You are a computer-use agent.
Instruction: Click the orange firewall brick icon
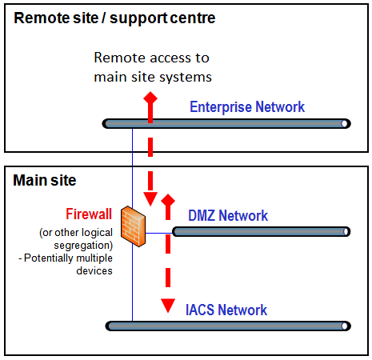coord(134,226)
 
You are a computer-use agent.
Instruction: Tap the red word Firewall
coord(89,214)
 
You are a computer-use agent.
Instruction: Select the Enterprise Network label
coord(247,107)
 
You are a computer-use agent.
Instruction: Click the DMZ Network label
coord(228,215)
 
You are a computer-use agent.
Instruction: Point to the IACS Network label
coord(226,310)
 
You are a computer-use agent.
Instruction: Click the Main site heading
coord(45,180)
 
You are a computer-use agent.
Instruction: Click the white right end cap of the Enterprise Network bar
coord(345,124)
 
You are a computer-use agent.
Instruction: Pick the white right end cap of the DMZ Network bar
coord(346,232)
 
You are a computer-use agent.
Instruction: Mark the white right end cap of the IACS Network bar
coord(345,326)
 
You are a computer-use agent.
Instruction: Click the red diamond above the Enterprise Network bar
coord(150,98)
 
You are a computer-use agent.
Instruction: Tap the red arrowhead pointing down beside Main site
coord(150,199)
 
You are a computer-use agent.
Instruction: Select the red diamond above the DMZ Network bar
coord(168,201)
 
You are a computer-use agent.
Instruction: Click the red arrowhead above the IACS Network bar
coord(168,306)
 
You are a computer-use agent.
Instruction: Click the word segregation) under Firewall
coord(83,246)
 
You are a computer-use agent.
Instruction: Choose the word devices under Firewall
coord(94,271)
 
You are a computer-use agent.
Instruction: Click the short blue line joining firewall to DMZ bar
coord(159,234)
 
